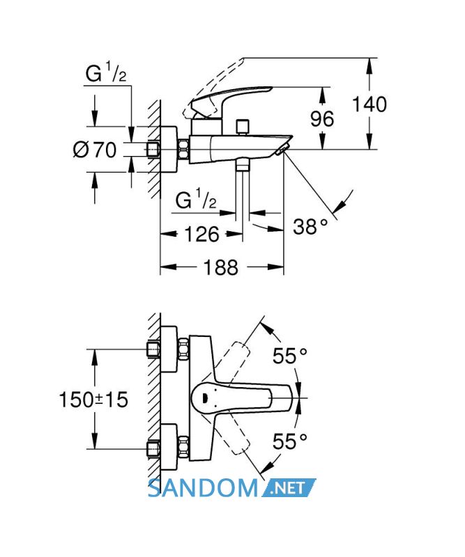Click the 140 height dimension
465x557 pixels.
[x=369, y=104]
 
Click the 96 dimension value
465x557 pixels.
[x=322, y=118]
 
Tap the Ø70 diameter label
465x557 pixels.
[x=95, y=150]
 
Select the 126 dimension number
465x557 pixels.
[x=201, y=235]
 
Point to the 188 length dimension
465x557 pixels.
[x=220, y=267]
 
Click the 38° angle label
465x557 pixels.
[x=310, y=226]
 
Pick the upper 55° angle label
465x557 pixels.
[x=289, y=356]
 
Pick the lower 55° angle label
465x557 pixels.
[x=289, y=441]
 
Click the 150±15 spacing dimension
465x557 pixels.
[x=93, y=400]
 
